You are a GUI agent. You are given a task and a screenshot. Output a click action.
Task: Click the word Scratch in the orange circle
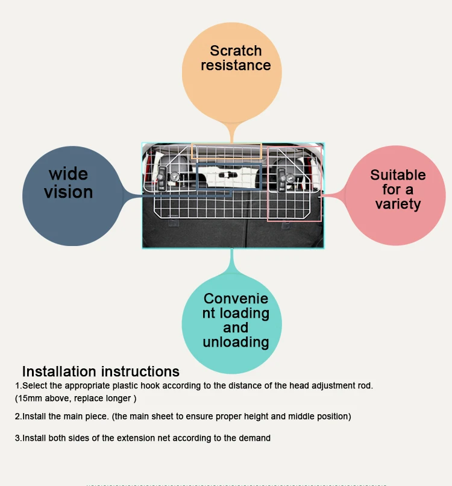pyautogui.click(x=236, y=51)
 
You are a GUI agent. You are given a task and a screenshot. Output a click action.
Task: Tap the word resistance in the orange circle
pyautogui.click(x=236, y=65)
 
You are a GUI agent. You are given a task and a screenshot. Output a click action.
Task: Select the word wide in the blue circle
pyautogui.click(x=69, y=174)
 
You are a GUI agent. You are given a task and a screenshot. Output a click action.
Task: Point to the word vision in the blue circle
pyautogui.click(x=69, y=192)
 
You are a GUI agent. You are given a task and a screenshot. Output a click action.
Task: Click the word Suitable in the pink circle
pyautogui.click(x=398, y=175)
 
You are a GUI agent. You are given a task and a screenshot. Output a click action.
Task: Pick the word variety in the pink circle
pyautogui.click(x=398, y=204)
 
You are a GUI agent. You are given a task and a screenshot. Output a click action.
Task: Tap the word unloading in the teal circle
pyautogui.click(x=236, y=342)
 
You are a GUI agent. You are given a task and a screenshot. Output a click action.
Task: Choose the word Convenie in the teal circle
pyautogui.click(x=236, y=299)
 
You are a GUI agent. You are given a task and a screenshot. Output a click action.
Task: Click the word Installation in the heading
pyautogui.click(x=59, y=371)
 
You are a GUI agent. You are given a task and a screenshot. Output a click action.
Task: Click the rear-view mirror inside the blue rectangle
pyautogui.click(x=228, y=175)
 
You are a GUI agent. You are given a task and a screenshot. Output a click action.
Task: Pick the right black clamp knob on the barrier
pyautogui.click(x=281, y=180)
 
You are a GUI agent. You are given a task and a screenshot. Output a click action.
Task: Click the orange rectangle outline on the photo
pyautogui.click(x=227, y=151)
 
